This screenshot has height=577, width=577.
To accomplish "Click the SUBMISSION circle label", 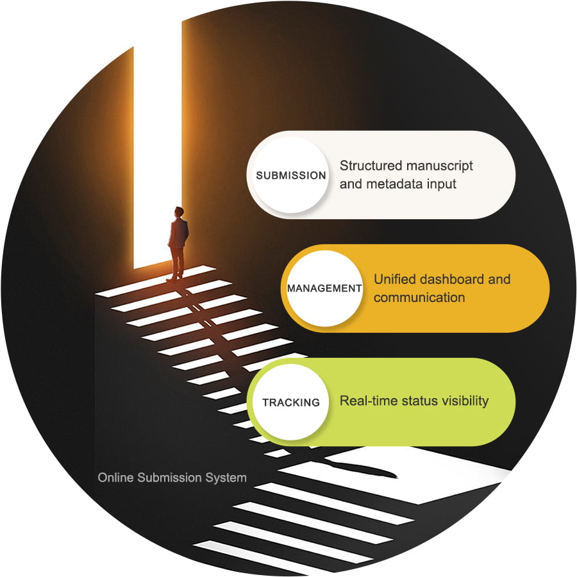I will (291, 176).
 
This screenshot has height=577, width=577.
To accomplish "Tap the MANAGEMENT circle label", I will (324, 288).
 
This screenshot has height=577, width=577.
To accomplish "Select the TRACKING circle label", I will (290, 403).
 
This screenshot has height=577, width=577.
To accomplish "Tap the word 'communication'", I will (419, 297).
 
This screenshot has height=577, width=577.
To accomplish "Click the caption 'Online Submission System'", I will (172, 478).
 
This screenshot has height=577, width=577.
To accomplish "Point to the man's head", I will (178, 212).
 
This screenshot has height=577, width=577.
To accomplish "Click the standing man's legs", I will (176, 263).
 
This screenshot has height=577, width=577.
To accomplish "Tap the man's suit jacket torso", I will (178, 232).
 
